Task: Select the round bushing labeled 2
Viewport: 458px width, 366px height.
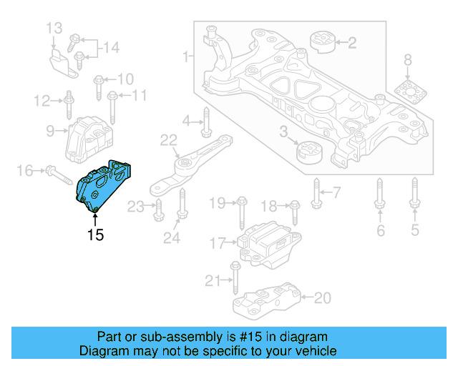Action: [x=321, y=44]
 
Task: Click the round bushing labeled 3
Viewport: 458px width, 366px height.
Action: [x=310, y=152]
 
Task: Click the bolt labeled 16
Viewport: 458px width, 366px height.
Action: [x=54, y=171]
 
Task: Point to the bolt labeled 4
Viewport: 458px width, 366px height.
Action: [x=205, y=122]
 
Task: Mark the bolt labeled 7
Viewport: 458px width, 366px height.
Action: [x=316, y=191]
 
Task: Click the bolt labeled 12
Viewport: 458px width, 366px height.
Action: [x=69, y=104]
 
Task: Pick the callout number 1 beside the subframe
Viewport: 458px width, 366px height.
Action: [x=186, y=56]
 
